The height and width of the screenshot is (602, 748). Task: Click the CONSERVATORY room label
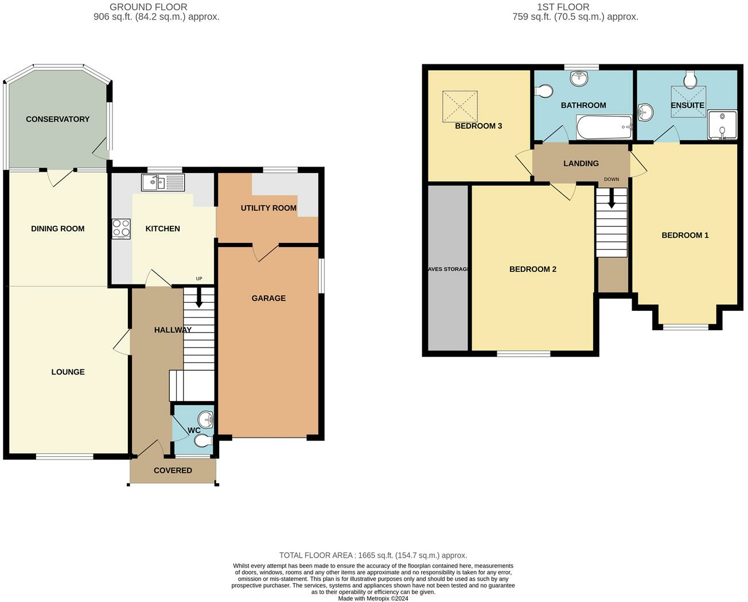(x=57, y=119)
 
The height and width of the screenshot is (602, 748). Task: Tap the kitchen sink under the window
(x=162, y=183)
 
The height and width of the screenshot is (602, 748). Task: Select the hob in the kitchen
(x=121, y=229)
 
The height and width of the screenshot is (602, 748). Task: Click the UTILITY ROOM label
(x=268, y=208)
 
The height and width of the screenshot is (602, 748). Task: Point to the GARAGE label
(x=268, y=298)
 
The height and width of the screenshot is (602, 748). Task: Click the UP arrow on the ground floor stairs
(x=199, y=297)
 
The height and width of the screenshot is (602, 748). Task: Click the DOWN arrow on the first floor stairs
(x=611, y=198)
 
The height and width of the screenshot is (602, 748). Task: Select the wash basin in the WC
(x=205, y=419)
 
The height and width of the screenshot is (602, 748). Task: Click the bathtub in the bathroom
(x=604, y=127)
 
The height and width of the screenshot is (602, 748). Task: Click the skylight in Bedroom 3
(x=459, y=106)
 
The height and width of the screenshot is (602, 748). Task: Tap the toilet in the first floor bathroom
(x=543, y=91)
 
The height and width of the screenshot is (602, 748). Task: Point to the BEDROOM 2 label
(x=533, y=269)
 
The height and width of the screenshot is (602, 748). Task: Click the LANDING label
(x=581, y=163)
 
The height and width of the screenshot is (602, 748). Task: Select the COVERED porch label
(x=173, y=470)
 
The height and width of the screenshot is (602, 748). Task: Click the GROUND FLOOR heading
(x=149, y=7)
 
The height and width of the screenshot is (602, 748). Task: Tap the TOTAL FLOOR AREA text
(x=373, y=555)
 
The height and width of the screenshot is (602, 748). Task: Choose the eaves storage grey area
(x=448, y=268)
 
